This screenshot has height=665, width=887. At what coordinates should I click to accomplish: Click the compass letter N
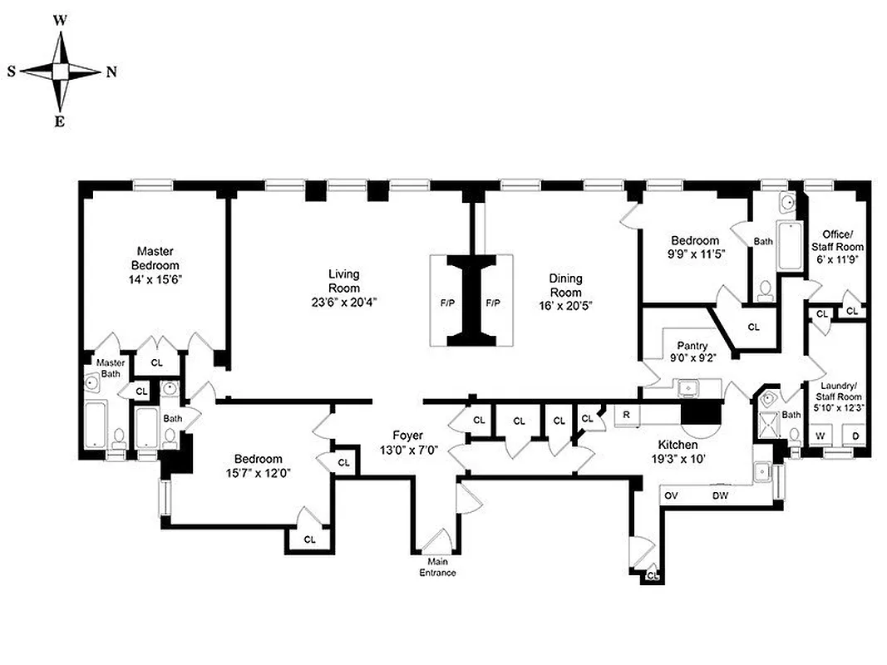point(111,72)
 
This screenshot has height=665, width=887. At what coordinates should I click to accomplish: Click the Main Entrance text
point(436,566)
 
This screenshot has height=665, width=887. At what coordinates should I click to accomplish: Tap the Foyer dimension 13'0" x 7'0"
point(408,450)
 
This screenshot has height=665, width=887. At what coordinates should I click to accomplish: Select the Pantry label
point(692,346)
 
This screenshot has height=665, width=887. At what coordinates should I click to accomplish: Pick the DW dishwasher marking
point(721,496)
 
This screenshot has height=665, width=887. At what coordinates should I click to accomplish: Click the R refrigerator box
point(627,414)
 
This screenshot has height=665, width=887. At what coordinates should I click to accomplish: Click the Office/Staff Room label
point(842,240)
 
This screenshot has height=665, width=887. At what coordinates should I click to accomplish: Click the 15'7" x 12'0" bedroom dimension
point(258,473)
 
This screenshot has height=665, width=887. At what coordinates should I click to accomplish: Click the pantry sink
point(687,387)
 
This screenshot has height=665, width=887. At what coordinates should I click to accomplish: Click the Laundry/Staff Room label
point(842,391)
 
